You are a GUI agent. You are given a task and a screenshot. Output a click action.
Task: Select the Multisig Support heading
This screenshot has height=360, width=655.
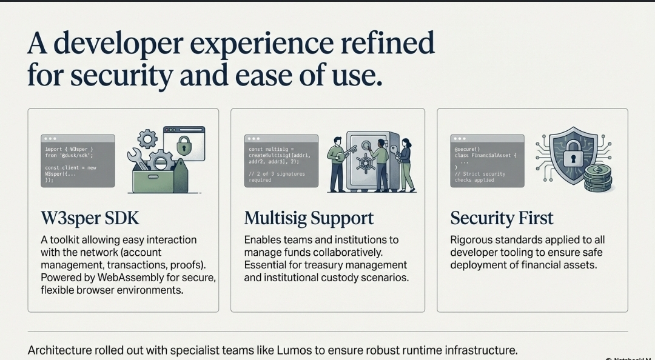click(309, 218)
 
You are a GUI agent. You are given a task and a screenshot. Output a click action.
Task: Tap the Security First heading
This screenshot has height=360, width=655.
click(502, 218)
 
